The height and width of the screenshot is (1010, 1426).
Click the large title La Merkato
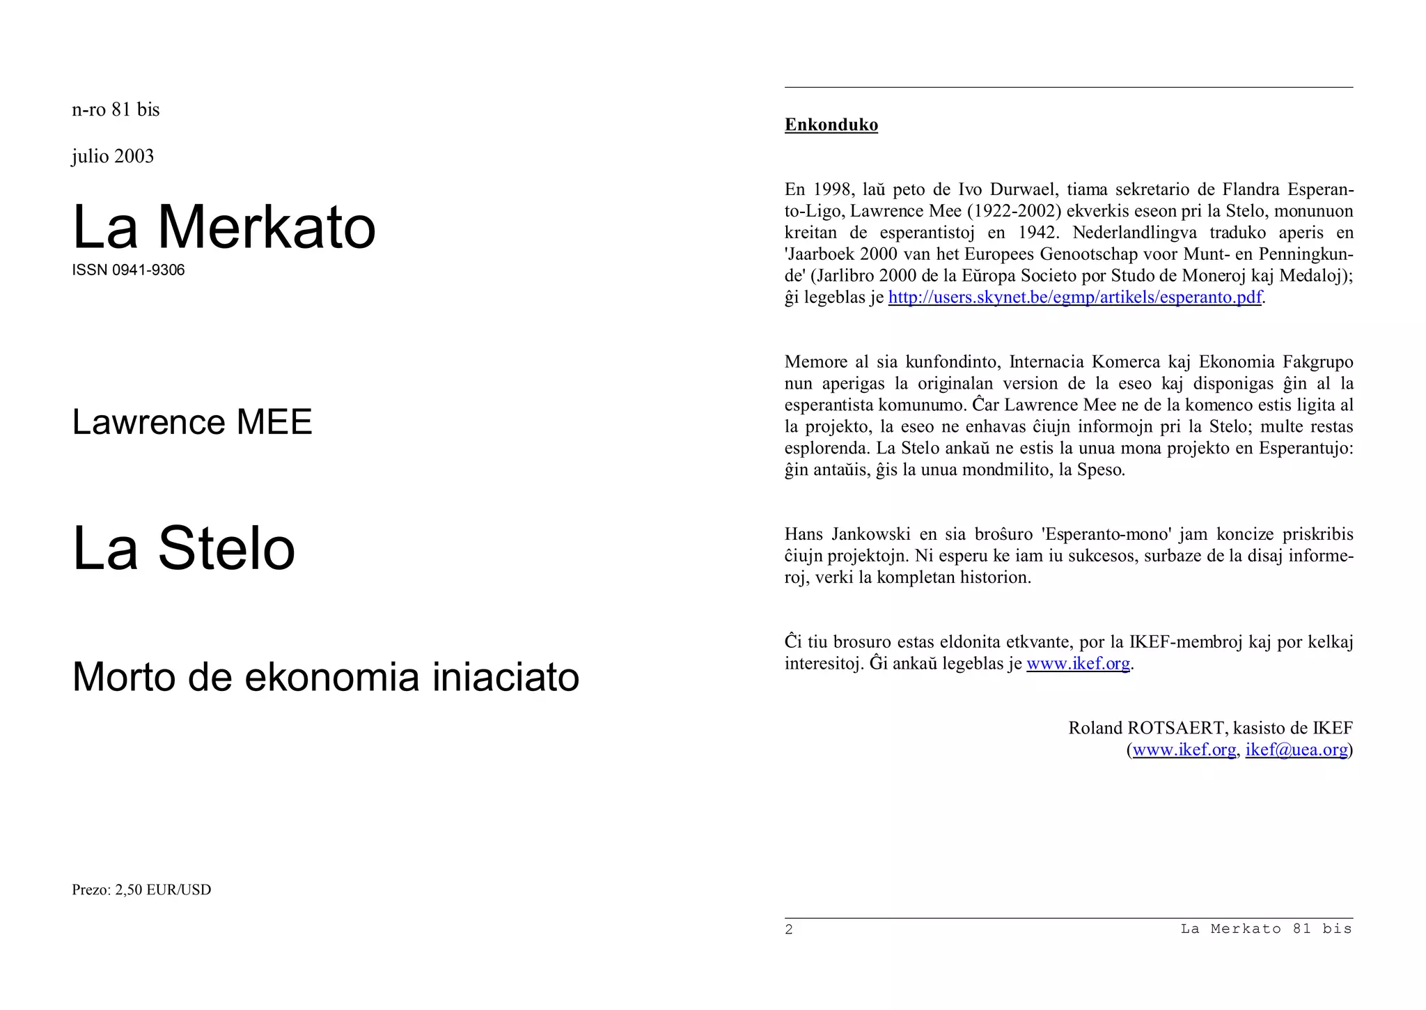point(224,227)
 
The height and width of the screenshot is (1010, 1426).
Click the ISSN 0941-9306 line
point(128,270)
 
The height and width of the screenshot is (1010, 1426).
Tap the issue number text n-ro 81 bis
point(116,110)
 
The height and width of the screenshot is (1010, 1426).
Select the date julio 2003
point(113,156)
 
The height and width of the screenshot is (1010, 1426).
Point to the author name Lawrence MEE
point(192,422)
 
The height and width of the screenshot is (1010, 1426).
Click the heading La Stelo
point(184,548)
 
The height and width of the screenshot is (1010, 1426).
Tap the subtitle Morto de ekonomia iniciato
point(325,676)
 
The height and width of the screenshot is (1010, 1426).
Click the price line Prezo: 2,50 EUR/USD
point(141,890)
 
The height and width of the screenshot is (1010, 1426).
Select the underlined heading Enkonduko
point(831,125)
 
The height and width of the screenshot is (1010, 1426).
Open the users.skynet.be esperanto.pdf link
point(1074,297)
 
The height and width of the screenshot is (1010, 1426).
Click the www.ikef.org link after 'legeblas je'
point(1078,663)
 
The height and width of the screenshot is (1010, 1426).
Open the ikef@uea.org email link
point(1296,749)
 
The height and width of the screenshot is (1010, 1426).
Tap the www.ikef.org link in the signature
point(1184,749)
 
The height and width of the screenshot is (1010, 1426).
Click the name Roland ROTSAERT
point(1146,728)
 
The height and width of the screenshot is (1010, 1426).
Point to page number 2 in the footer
point(789,929)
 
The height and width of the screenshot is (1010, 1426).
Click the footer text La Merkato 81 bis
point(1266,929)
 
